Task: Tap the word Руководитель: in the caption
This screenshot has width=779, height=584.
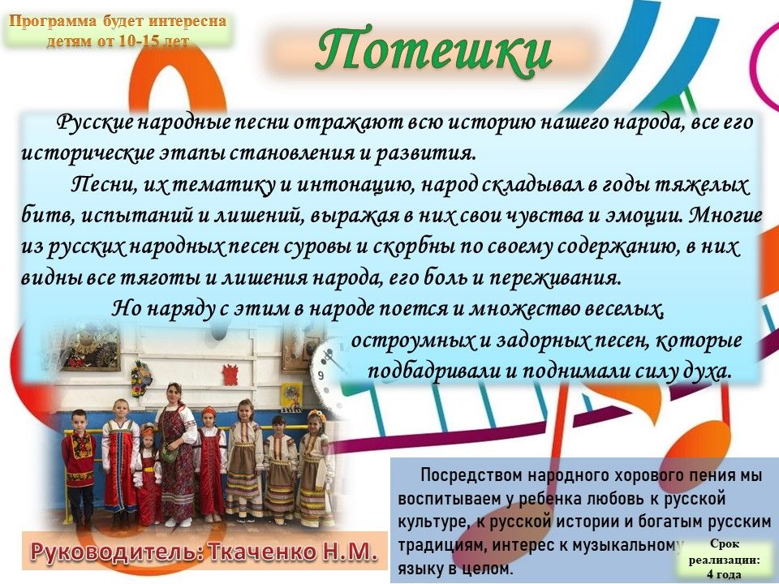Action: [117, 552]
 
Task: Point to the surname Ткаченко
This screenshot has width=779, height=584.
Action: [264, 552]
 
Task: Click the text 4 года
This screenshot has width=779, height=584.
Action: [723, 574]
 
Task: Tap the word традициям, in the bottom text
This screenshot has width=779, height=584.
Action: [437, 546]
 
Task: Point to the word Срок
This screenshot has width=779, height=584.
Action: [724, 543]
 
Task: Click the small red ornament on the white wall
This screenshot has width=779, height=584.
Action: [230, 375]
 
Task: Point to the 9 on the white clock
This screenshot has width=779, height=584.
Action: [321, 376]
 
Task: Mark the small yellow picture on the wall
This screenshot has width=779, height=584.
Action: [291, 397]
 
